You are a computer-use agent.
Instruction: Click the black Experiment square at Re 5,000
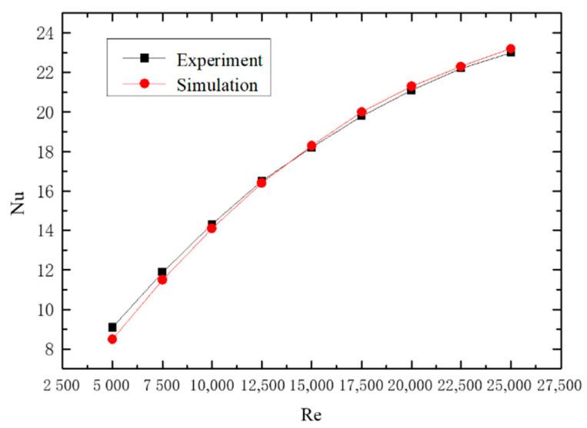[112, 327]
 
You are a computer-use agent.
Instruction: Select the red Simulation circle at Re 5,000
[112, 339]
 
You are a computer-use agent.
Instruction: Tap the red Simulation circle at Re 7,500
[162, 280]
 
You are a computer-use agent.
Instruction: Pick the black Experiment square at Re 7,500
[162, 272]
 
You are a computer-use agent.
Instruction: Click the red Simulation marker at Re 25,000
[510, 49]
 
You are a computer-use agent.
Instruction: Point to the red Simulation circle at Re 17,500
[362, 112]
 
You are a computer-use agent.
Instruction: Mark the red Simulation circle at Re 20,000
[412, 86]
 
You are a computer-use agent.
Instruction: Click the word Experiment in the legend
[218, 60]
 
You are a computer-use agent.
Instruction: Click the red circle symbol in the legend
[144, 84]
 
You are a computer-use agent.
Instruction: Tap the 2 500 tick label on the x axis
[62, 385]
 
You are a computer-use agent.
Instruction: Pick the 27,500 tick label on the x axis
[560, 385]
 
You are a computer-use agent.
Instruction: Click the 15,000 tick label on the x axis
[312, 385]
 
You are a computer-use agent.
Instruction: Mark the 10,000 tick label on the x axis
[212, 385]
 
